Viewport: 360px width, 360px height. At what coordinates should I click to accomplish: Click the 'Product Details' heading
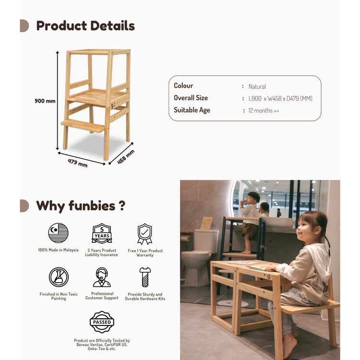(85, 25)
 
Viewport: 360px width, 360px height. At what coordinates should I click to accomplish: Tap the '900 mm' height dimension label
(45, 101)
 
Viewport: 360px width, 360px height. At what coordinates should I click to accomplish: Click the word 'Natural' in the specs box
(257, 87)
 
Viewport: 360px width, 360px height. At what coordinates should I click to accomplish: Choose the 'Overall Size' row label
(191, 98)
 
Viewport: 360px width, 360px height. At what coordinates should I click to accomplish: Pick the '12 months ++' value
(264, 110)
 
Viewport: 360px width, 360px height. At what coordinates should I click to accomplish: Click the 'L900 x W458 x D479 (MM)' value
(280, 98)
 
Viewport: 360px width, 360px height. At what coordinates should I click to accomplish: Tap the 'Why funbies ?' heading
(81, 206)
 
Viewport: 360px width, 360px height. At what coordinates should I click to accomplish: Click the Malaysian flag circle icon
(59, 233)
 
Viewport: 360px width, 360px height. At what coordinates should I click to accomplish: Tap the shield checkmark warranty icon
(144, 234)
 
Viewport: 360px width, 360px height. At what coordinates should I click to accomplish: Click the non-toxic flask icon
(59, 277)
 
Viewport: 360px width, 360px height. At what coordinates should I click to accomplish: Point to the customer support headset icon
(102, 277)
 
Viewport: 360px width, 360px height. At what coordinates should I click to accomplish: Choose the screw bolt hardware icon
(144, 277)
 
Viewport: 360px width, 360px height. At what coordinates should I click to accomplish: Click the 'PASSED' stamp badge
(102, 322)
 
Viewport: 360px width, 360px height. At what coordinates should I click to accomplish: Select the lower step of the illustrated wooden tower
(84, 126)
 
